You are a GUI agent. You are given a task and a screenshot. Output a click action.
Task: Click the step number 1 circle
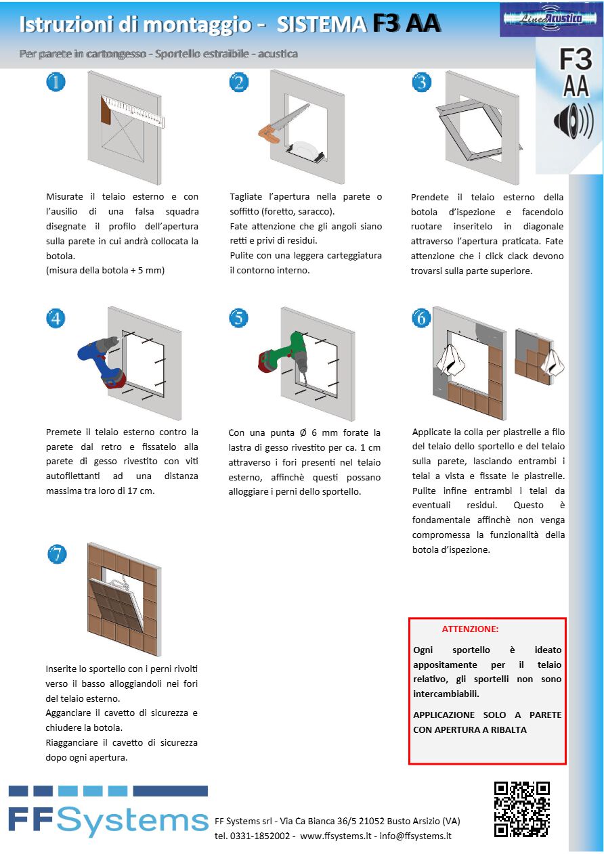[x=56, y=83]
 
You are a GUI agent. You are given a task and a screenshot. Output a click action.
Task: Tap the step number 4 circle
[x=56, y=318]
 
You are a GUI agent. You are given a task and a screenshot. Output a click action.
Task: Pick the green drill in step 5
[x=281, y=355]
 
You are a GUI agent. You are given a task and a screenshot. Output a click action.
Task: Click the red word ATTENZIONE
[x=470, y=629]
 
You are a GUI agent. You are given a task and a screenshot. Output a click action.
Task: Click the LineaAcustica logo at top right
[x=541, y=20]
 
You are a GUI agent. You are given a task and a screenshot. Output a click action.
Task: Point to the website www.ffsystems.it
[x=335, y=836]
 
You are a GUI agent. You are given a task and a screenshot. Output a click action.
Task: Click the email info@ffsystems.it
[x=415, y=836]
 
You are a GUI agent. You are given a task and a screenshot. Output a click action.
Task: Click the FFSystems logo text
[x=108, y=820]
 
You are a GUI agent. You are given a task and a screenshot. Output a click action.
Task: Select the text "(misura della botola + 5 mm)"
[x=105, y=271]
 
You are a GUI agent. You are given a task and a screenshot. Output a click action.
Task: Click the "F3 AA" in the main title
[x=406, y=24]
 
